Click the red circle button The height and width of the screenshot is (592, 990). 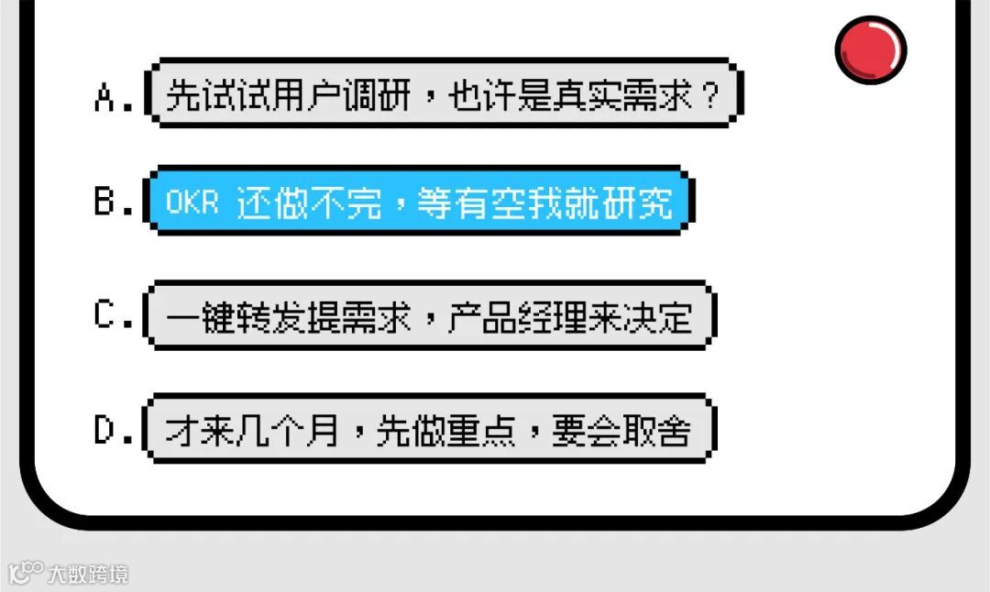[870, 49]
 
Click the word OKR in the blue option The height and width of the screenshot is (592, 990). [192, 203]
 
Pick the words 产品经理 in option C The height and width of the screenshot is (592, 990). [515, 317]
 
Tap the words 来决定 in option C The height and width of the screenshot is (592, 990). [640, 317]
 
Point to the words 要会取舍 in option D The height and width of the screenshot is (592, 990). [620, 432]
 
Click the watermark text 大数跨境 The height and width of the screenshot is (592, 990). [89, 575]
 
